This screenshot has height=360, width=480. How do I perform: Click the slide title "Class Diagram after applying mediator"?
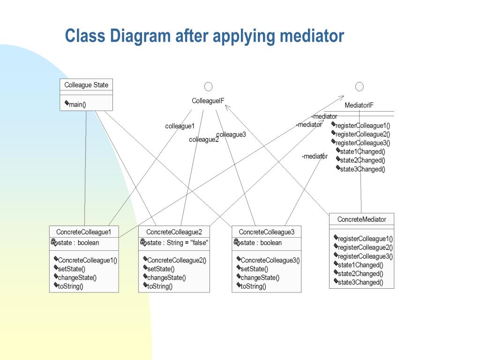(204, 36)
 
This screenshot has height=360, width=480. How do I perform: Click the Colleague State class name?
(86, 85)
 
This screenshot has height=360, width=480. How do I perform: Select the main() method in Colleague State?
(77, 104)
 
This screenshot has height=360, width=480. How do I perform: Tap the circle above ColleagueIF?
(208, 86)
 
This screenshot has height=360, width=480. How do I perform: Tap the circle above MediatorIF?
(360, 86)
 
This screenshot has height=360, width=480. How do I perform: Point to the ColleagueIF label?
(208, 101)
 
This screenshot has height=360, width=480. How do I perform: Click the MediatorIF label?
(359, 105)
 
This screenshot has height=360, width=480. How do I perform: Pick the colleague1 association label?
(180, 126)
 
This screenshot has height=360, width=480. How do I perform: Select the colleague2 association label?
(203, 140)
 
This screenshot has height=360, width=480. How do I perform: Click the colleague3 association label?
(231, 135)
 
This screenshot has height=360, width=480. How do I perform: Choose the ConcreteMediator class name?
(361, 219)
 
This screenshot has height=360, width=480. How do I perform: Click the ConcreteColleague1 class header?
(83, 232)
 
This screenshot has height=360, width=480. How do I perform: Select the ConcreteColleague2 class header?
(174, 232)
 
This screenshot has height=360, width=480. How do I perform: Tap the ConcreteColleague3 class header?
(266, 232)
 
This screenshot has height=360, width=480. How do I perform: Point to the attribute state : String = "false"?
(177, 243)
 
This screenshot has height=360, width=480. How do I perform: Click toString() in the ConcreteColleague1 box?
(70, 286)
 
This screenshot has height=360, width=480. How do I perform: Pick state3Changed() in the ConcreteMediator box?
(360, 282)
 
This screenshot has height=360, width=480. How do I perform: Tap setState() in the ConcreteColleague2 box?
(160, 269)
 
